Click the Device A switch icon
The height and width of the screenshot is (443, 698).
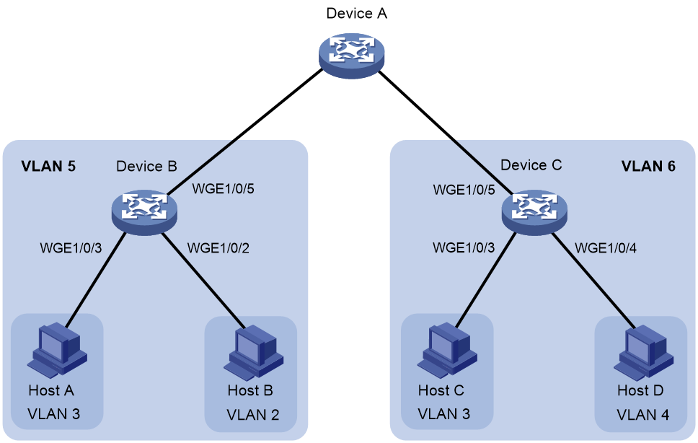352,55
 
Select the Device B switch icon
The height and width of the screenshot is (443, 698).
144,212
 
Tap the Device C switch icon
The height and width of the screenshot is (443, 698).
534,212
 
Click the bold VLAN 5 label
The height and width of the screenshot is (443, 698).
48,167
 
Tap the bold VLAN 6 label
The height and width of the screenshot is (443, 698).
648,167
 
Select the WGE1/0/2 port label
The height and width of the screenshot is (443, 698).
218,248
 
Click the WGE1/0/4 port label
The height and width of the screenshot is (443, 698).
606,248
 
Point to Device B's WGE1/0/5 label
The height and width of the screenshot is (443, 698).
223,189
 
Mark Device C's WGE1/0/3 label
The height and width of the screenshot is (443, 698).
464,247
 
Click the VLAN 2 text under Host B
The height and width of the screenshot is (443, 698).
253,415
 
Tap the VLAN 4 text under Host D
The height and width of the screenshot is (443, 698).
642,415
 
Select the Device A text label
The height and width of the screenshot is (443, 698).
356,14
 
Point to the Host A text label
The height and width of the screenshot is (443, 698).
51,390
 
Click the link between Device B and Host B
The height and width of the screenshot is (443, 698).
203,281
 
